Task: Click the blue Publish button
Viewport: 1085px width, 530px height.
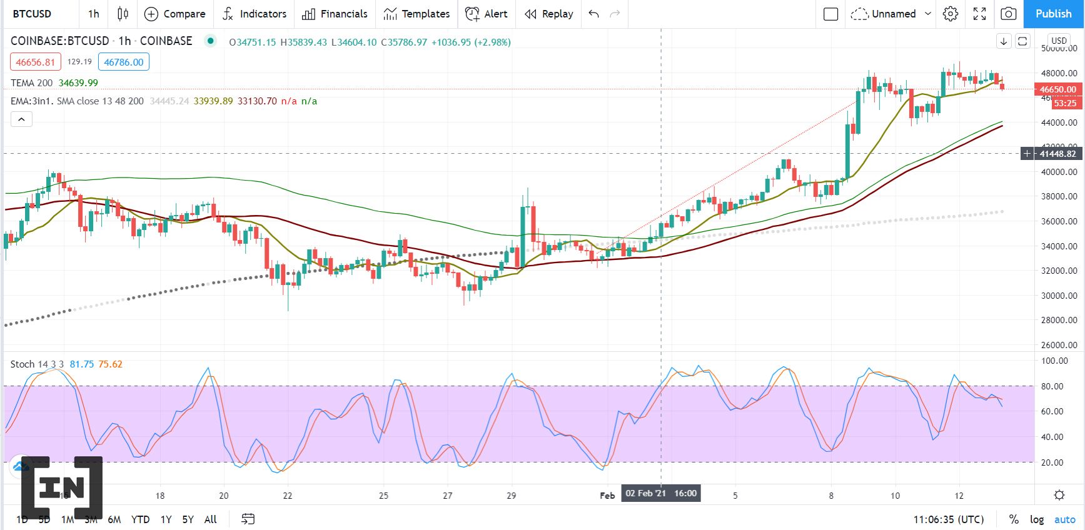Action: [1053, 14]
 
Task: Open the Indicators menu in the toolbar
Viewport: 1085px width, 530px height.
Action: [255, 14]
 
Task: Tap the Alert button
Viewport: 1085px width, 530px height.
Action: [487, 14]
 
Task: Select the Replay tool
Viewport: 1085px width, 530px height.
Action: [549, 14]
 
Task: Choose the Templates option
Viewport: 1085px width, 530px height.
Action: [416, 14]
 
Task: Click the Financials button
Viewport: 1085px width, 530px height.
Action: [335, 14]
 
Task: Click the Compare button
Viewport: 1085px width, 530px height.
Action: [174, 14]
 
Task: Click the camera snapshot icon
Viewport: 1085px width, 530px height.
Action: [1008, 14]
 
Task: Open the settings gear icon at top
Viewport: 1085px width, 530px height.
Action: [951, 14]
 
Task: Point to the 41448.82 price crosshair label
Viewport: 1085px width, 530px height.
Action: [1057, 154]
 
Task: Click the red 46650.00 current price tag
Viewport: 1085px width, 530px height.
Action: [1057, 89]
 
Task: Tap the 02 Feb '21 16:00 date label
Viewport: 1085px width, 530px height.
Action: [660, 493]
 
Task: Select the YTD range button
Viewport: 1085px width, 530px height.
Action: [140, 519]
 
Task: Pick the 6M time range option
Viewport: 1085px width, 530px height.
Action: [114, 519]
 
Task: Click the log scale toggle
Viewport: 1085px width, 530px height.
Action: [1037, 519]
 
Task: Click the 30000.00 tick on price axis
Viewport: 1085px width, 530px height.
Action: [1059, 296]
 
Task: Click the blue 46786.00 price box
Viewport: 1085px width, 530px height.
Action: [124, 62]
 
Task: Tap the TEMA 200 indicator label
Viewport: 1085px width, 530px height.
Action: [32, 83]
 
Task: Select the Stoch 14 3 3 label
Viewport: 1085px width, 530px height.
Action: [37, 364]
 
